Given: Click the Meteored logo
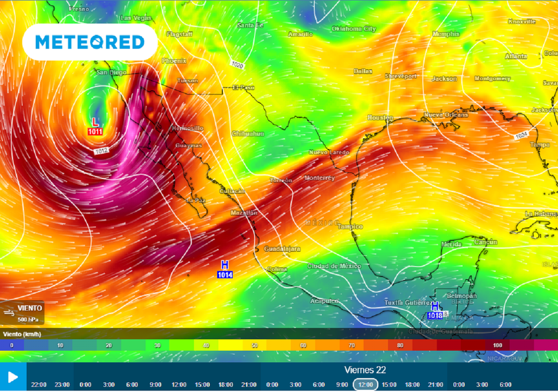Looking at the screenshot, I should click(x=90, y=42).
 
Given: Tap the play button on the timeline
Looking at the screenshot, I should click(x=13, y=377).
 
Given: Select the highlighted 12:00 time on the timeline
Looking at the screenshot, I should click(x=366, y=384).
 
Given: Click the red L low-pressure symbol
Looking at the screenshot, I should click(x=95, y=121).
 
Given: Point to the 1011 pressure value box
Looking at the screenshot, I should click(x=95, y=131).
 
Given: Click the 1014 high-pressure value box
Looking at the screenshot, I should click(x=225, y=275).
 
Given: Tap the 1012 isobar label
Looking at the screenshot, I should click(x=101, y=151).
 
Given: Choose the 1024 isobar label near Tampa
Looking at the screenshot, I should click(x=522, y=135).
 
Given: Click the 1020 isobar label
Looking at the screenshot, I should click(x=237, y=65).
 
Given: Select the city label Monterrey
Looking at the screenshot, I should click(x=319, y=178).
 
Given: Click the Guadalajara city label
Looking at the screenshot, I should click(x=282, y=249).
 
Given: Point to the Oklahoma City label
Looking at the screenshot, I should click(x=354, y=29).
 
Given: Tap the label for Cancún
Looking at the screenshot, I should click(x=485, y=242).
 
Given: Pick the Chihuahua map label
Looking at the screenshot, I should click(x=248, y=133).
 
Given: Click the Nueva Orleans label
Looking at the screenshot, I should click(x=446, y=115).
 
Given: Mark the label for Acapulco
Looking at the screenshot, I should click(x=324, y=301).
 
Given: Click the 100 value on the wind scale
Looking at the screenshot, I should click(x=497, y=345).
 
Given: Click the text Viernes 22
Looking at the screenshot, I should click(x=365, y=370).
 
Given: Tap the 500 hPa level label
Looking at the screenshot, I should click(x=27, y=320).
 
